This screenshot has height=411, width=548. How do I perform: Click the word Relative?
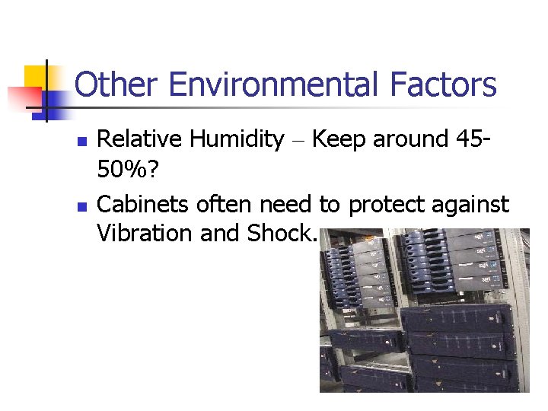click(x=140, y=139)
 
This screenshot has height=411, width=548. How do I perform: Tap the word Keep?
click(x=337, y=141)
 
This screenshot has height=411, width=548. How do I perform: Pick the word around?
click(x=410, y=139)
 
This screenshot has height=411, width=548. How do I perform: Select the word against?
click(x=470, y=205)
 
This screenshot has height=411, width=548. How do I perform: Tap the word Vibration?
click(x=145, y=234)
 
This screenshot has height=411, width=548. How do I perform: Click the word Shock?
click(x=279, y=234)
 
